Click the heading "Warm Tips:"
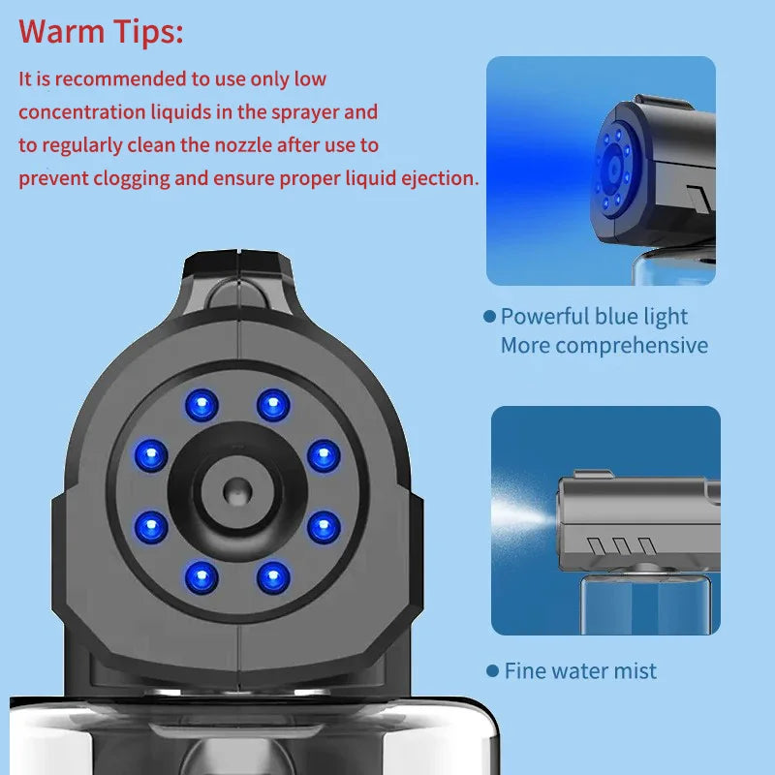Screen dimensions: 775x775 tap(101, 31)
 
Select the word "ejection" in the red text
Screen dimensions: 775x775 tap(441, 178)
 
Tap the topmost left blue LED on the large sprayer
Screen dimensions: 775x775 tap(201, 404)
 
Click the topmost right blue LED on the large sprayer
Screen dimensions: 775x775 tap(273, 404)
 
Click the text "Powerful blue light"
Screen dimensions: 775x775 tap(594, 316)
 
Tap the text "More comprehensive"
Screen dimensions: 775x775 tap(604, 345)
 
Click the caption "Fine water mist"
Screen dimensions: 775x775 tap(580, 670)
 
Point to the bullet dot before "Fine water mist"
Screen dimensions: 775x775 tap(492, 670)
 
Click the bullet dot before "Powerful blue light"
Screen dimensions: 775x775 tap(489, 317)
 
